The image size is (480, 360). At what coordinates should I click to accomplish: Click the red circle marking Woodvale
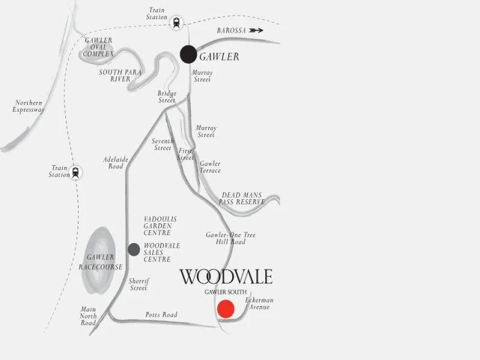[226, 308]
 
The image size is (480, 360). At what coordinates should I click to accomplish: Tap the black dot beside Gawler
[188, 54]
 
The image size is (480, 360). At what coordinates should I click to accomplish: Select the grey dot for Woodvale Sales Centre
[134, 249]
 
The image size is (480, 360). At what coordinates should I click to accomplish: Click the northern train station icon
[176, 22]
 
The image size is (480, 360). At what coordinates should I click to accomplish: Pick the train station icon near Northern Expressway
[76, 172]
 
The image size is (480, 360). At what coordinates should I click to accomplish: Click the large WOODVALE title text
[226, 277]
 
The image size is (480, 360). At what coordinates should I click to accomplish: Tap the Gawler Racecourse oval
[100, 260]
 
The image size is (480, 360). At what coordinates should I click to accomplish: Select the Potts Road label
[161, 315]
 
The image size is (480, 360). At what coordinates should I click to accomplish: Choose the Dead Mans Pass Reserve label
[243, 199]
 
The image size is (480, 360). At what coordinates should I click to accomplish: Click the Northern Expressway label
[29, 106]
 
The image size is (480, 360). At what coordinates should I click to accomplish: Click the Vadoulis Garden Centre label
[160, 226]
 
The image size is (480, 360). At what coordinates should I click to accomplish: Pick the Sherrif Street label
[139, 284]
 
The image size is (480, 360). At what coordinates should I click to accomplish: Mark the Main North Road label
[88, 316]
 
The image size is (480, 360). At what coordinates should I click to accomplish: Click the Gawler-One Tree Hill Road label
[230, 238]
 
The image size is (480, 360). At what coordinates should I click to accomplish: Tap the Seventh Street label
[163, 145]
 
